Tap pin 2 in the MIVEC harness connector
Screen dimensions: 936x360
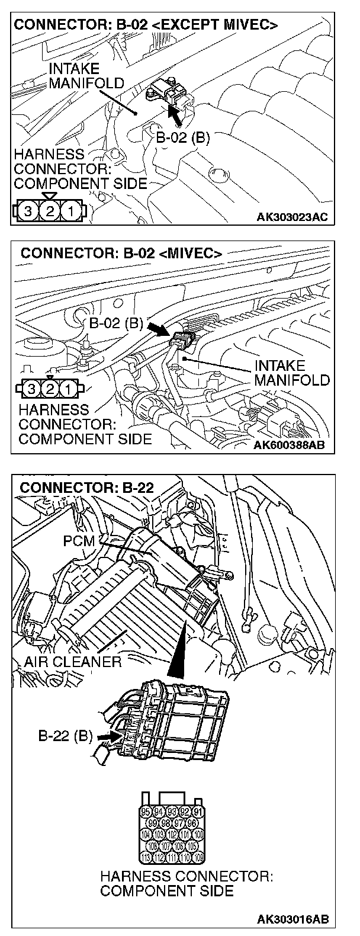pyautogui.click(x=52, y=389)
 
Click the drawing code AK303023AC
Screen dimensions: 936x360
pyautogui.click(x=291, y=217)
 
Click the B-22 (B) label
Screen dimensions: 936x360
pyautogui.click(x=65, y=736)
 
